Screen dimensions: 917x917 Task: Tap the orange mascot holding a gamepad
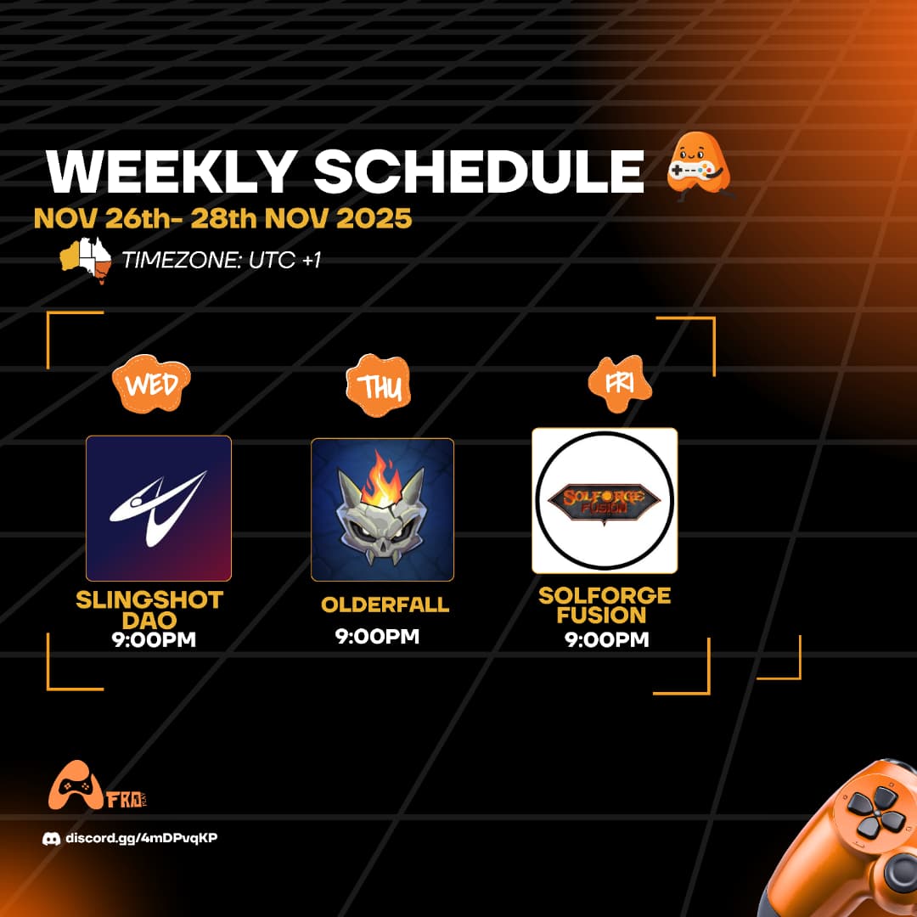coord(697,169)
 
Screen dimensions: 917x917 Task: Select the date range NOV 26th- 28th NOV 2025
coord(222,219)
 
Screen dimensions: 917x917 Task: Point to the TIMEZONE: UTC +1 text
coord(221,260)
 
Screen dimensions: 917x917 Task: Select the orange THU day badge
coord(382,387)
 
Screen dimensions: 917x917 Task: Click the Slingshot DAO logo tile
coord(159,508)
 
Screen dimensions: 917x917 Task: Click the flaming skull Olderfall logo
coord(382,509)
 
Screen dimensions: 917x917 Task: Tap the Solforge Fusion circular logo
coord(605,500)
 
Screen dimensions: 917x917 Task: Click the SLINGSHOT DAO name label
coord(149,610)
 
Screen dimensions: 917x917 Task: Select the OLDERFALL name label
coord(385,605)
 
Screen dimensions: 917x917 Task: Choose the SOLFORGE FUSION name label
coord(605,605)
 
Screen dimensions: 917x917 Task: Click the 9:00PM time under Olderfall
coord(377,636)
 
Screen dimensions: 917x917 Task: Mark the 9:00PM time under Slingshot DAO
coord(153,639)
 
